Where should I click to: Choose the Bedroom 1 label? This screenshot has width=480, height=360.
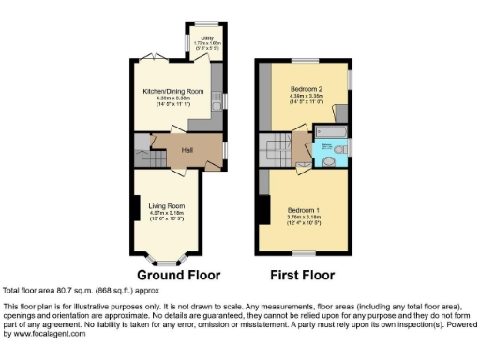[304, 209]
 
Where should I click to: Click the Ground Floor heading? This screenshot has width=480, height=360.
[178, 276]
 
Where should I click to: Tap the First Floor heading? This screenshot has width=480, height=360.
[301, 276]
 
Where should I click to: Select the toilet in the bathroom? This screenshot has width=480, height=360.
[343, 148]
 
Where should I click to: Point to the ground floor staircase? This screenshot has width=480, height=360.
[142, 148]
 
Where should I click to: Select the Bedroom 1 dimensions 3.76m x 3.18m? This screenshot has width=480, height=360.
[304, 217]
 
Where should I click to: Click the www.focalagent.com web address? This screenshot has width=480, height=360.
[46, 334]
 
